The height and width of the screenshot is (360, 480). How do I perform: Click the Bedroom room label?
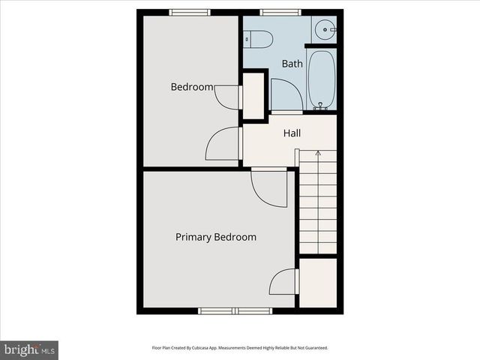(x=192, y=87)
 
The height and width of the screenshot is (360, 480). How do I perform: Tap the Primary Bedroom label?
(x=215, y=237)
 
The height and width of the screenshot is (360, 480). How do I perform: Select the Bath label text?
(x=292, y=64)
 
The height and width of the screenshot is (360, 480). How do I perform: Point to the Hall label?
(x=292, y=133)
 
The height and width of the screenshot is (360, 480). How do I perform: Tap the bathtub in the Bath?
(x=321, y=79)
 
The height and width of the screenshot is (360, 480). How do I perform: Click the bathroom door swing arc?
(x=285, y=94)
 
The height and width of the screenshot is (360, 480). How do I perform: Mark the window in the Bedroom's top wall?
(x=189, y=12)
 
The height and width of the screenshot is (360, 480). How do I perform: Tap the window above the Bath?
(x=280, y=12)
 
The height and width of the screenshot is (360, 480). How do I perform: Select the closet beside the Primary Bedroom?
(x=318, y=282)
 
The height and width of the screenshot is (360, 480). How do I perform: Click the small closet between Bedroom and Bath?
(x=254, y=95)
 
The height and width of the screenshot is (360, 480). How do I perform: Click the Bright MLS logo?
(x=29, y=349)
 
